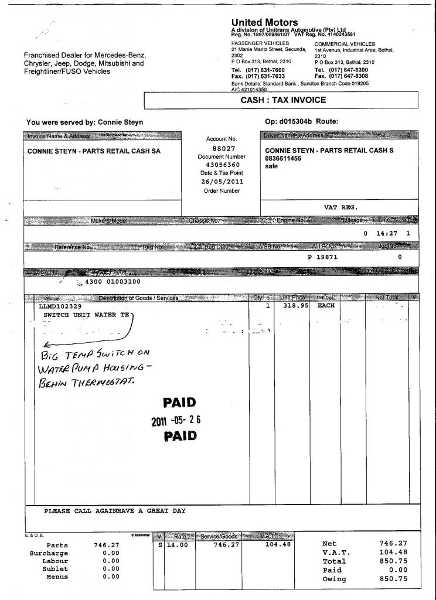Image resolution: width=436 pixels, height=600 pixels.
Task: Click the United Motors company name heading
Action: pos(264,23)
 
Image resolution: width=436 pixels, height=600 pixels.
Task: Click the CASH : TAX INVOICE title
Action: pos(283,100)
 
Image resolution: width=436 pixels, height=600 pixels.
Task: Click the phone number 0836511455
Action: pos(284,158)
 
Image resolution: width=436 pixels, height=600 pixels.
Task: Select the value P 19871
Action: pos(322,257)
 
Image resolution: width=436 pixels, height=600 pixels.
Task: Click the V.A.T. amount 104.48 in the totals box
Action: pos(394,553)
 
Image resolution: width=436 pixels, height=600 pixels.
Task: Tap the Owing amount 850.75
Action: pos(394,579)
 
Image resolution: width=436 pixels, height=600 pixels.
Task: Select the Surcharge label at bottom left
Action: pos(49,553)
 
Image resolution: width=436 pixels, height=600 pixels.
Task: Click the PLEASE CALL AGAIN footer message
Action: pos(115,511)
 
